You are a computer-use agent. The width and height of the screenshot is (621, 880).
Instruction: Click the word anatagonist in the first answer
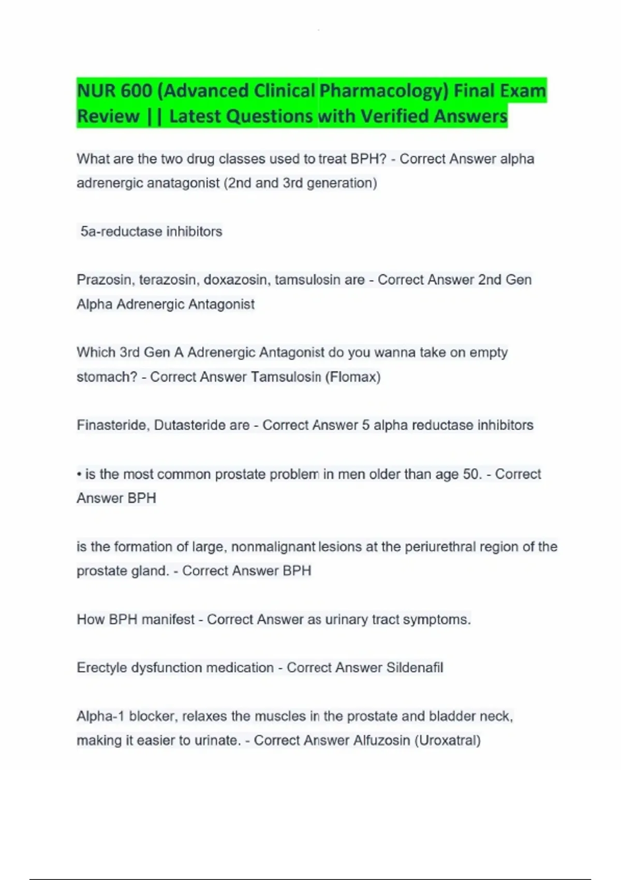(x=184, y=183)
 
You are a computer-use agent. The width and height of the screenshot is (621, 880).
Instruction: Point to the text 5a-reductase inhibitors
(x=151, y=231)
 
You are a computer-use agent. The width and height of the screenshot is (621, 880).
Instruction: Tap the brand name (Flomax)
(x=353, y=377)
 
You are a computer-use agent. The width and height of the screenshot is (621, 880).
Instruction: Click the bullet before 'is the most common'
(x=79, y=474)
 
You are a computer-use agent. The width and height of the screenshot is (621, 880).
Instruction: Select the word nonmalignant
(x=273, y=547)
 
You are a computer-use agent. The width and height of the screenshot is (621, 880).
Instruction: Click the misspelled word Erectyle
(x=101, y=668)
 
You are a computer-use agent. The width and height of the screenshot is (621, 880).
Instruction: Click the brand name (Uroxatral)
(x=448, y=741)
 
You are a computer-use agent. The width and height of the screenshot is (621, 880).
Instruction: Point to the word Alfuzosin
(x=382, y=741)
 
